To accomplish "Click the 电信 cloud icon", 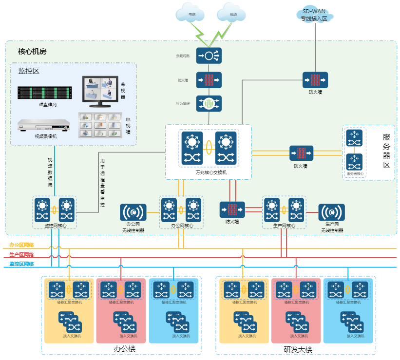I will [191, 14].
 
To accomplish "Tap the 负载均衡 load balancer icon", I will [209, 56].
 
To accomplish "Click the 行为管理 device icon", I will [209, 103].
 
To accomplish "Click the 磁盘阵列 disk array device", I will [45, 92].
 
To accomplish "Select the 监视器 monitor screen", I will [99, 91].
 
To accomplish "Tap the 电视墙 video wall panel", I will [100, 125].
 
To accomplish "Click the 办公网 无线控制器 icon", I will [133, 212].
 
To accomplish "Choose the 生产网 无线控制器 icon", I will [332, 212].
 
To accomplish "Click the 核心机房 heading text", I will [32, 52].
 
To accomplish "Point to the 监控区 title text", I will [29, 71].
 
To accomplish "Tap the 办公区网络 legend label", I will [22, 246].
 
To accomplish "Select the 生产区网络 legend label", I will [22, 255].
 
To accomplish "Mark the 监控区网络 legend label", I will [22, 264].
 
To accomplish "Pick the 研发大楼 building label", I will [298, 350].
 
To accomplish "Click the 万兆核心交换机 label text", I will [208, 172].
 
